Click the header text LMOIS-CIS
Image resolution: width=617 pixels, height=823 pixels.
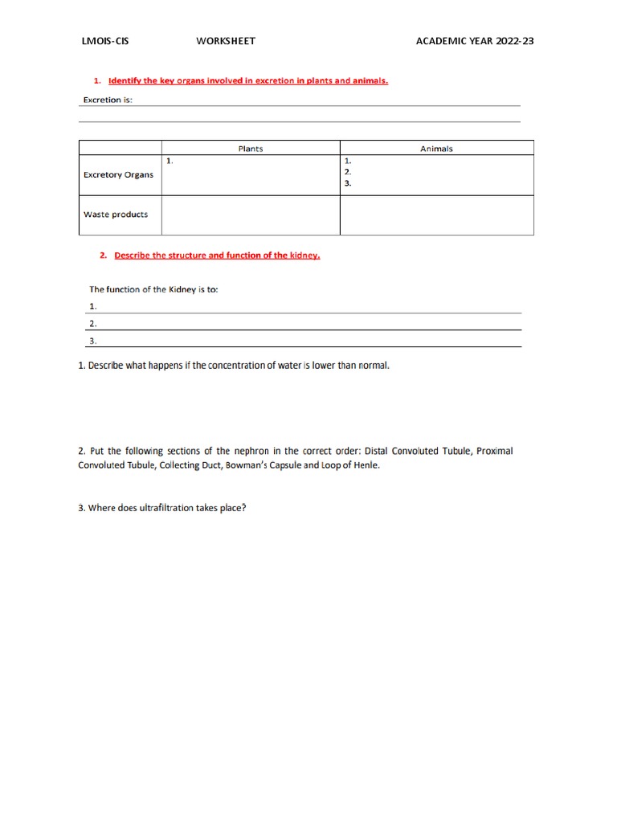[105, 41]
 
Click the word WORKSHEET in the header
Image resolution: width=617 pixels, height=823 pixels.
[226, 41]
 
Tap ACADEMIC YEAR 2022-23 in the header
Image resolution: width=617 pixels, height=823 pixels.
[474, 41]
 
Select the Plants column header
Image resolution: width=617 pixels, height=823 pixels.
[251, 149]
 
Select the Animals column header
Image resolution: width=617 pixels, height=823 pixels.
[436, 149]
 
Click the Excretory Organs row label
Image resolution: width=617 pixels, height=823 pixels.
[118, 175]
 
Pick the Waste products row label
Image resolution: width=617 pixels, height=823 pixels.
[116, 215]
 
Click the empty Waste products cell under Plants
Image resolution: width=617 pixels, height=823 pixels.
[251, 215]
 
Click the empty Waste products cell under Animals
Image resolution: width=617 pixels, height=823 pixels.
[436, 215]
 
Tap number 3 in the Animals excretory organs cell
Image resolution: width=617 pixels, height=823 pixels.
[347, 183]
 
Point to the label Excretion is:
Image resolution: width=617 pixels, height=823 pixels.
[108, 100]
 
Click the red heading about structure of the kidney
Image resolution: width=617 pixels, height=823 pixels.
[217, 256]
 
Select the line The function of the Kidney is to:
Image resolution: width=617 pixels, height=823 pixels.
[153, 289]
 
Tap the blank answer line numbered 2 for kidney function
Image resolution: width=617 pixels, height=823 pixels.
[305, 323]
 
